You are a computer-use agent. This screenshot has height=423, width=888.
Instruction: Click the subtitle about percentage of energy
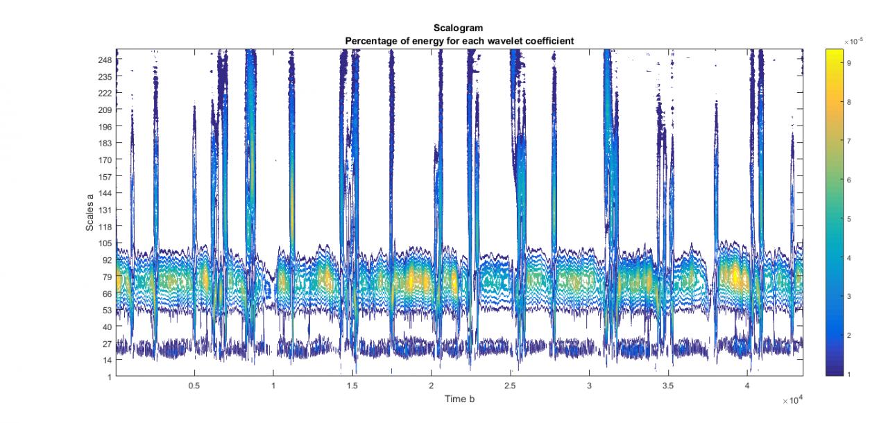tap(459, 42)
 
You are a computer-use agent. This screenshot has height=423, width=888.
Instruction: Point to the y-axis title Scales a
tap(90, 213)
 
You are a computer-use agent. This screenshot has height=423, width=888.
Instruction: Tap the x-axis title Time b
tap(459, 399)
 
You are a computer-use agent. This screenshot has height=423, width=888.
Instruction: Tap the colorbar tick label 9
tap(848, 62)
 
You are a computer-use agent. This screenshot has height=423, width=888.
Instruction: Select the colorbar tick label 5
tap(848, 218)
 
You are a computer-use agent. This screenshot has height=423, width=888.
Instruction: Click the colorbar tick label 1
tap(848, 374)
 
